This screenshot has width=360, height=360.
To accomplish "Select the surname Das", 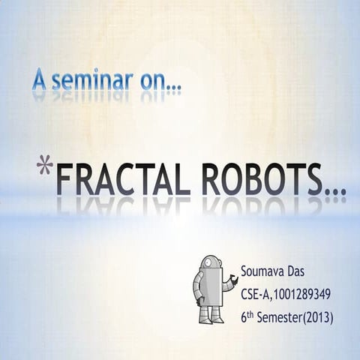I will pos(298,269).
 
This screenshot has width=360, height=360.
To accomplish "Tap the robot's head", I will pos(210,264).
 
